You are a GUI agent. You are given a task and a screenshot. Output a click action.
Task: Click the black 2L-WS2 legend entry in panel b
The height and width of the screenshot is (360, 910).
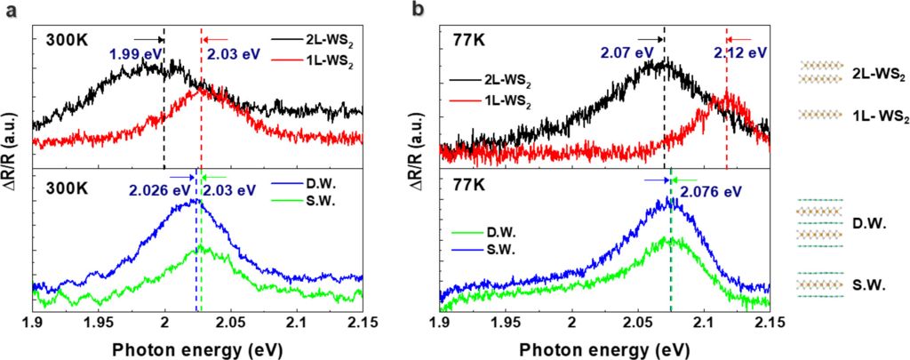(x=499, y=77)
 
